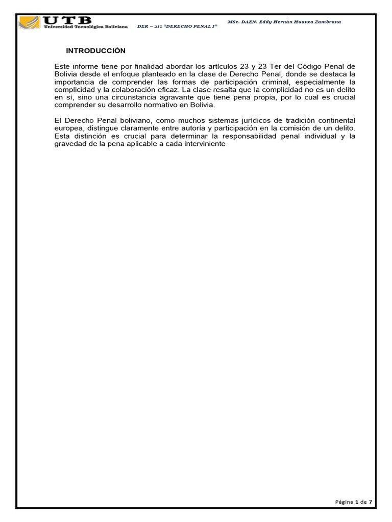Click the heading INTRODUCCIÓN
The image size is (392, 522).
(95, 51)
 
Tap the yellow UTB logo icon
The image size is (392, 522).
(30, 23)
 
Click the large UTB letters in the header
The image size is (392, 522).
(68, 20)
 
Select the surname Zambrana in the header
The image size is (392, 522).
(326, 22)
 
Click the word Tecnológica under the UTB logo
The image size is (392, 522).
(91, 26)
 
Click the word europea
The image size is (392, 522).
(67, 128)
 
